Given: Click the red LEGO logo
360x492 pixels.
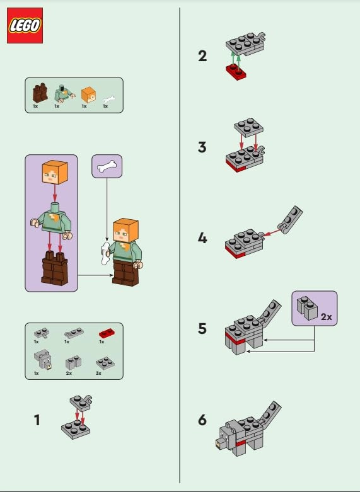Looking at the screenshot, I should point(25,26).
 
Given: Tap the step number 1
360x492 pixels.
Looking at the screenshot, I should point(37,420).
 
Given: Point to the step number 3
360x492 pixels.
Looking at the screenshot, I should point(202,147).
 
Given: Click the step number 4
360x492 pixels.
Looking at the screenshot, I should point(202,239).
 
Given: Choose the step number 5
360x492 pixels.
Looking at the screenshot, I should point(202,328).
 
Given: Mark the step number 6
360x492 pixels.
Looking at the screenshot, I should point(202,420).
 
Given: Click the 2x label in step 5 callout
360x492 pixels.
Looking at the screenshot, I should point(326,318).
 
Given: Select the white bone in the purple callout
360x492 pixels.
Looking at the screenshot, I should point(107,167).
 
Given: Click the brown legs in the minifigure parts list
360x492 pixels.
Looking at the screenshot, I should point(39,94).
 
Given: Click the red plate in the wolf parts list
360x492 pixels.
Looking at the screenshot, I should point(106,334).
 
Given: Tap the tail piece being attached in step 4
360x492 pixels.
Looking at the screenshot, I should point(291,218).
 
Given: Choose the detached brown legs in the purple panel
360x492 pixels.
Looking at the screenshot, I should point(53,268).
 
